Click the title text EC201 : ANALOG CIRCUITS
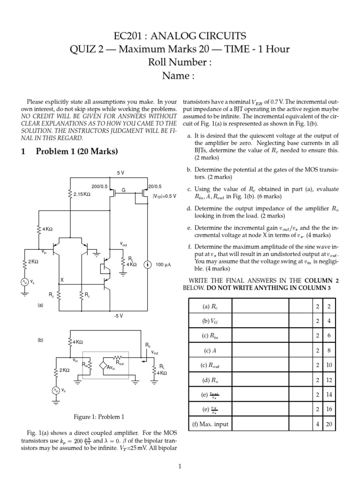click(180, 36)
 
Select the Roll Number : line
click(180, 62)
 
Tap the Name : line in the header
click(180, 76)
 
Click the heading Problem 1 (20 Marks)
click(70, 151)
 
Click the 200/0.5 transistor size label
click(99, 186)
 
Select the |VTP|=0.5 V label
click(165, 196)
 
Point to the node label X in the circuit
click(61, 279)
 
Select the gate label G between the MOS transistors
click(124, 190)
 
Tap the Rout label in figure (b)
click(120, 362)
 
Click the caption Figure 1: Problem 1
click(99, 416)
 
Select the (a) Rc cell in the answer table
click(210, 307)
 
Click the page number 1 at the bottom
click(180, 466)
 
